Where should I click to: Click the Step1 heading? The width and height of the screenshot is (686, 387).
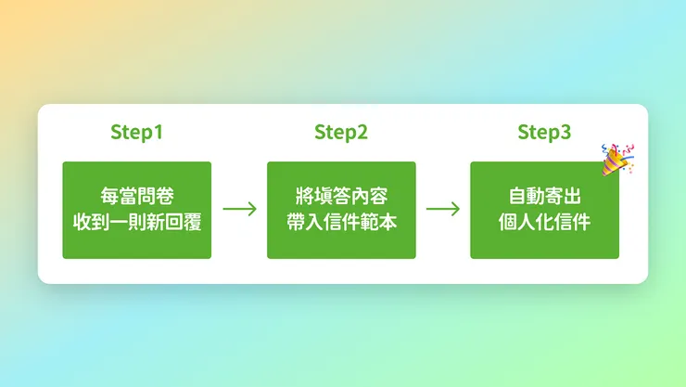click(x=136, y=132)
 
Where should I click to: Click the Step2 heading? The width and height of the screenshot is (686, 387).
click(x=341, y=132)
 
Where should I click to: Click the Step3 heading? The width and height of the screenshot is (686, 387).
click(x=544, y=132)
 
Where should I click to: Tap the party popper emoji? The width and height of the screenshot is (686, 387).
click(x=616, y=159)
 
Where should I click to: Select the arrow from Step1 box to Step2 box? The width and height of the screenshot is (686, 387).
click(x=239, y=209)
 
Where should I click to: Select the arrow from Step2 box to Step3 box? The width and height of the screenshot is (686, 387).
click(x=442, y=209)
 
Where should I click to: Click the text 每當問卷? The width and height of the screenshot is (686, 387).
click(x=137, y=197)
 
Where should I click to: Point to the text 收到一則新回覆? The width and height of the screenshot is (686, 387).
click(x=137, y=223)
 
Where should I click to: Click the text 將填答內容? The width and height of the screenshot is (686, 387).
click(x=341, y=197)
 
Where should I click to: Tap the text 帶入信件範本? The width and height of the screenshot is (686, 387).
click(x=341, y=223)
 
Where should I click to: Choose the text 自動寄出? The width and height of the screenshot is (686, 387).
click(x=544, y=197)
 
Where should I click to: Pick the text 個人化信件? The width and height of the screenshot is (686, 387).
click(x=544, y=223)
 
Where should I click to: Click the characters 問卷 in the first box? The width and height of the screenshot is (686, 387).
click(x=156, y=197)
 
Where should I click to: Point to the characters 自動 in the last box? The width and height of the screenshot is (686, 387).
click(x=526, y=197)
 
